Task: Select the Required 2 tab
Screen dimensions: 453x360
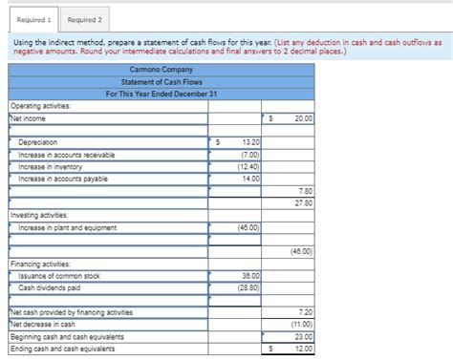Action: [x=85, y=19]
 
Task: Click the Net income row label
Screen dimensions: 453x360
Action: [x=30, y=118]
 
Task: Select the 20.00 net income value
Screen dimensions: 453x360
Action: [x=304, y=118]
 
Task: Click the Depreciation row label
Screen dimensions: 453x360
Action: [x=37, y=142]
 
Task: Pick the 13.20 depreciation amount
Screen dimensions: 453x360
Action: [x=250, y=142]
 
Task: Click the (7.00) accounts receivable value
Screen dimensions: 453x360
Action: [x=250, y=154]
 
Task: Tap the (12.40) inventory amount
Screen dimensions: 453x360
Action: [x=249, y=166]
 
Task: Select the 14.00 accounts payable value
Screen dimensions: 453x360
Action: [x=251, y=179]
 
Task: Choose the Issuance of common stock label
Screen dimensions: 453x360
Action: [x=59, y=276]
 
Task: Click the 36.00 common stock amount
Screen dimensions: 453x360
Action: [x=250, y=276]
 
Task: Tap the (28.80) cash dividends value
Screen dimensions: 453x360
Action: [x=249, y=287]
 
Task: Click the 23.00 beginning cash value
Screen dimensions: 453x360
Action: [x=304, y=336]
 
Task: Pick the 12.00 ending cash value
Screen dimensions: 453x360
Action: [x=304, y=349]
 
